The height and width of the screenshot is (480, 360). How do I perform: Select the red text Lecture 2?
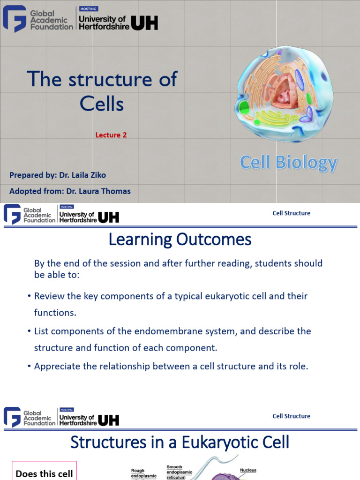111,135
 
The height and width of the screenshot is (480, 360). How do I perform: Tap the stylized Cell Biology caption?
288,163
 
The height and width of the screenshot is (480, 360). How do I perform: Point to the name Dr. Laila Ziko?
82,175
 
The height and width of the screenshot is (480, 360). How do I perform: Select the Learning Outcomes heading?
180,240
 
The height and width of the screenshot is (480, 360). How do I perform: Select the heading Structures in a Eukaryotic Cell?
180,442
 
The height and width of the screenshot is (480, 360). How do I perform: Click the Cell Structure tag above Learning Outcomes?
291,213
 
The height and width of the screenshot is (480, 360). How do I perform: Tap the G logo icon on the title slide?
14,19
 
